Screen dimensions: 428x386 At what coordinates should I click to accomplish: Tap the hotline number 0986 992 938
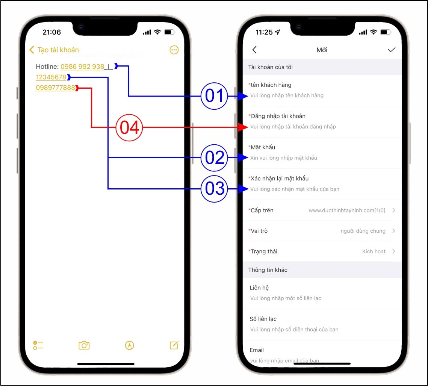coord(82,67)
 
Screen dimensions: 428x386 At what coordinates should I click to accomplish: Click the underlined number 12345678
coord(51,77)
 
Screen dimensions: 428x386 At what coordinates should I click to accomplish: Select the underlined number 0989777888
coord(55,88)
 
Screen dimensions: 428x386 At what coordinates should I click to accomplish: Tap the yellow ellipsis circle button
coord(174,50)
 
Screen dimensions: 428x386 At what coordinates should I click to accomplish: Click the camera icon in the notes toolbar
coord(84,345)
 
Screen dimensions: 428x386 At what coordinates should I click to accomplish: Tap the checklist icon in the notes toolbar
coord(38,345)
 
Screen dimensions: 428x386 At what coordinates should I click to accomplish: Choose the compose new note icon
coord(174,345)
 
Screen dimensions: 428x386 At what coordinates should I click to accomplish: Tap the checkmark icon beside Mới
coord(392,50)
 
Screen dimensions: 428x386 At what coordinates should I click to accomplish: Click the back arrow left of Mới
coord(254,50)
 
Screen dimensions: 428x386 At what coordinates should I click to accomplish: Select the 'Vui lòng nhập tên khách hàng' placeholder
coord(287,95)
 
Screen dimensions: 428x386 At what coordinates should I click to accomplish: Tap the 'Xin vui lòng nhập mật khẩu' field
coord(284,158)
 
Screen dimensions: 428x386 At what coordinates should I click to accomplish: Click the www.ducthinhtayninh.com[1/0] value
coord(347,210)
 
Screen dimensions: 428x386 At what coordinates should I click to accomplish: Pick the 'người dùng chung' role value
coord(363,231)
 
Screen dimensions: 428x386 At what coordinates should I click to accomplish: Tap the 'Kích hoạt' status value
coord(374,251)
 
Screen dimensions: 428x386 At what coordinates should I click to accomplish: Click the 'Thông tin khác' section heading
coord(268,270)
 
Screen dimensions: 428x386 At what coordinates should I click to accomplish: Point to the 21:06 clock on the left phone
coord(51,32)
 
